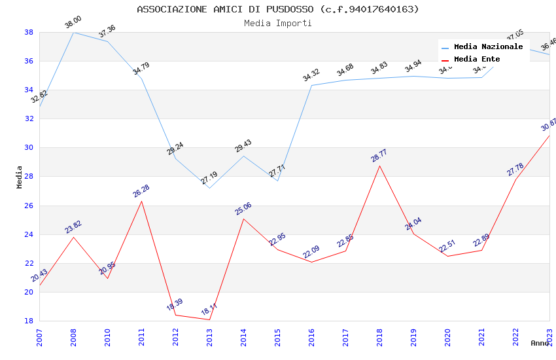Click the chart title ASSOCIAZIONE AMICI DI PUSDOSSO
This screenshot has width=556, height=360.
pyautogui.click(x=277, y=9)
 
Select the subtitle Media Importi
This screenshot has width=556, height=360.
pyautogui.click(x=277, y=23)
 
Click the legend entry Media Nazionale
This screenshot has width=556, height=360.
pyautogui.click(x=488, y=46)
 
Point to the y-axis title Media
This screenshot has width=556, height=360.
pyautogui.click(x=20, y=177)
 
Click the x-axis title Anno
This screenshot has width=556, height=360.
pyautogui.click(x=540, y=343)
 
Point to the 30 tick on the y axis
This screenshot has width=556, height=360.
pyautogui.click(x=29, y=148)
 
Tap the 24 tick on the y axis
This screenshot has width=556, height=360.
pyautogui.click(x=29, y=234)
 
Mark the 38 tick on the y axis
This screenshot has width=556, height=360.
pyautogui.click(x=29, y=32)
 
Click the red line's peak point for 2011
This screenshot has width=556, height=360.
pyautogui.click(x=142, y=201)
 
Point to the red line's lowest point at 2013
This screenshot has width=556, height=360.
pyautogui.click(x=210, y=319)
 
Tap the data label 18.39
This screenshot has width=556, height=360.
pyautogui.click(x=175, y=305)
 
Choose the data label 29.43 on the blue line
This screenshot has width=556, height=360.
pyautogui.click(x=243, y=146)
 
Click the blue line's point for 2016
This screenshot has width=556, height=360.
pyautogui.click(x=312, y=85)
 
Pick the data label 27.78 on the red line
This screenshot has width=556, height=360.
pyautogui.click(x=515, y=170)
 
